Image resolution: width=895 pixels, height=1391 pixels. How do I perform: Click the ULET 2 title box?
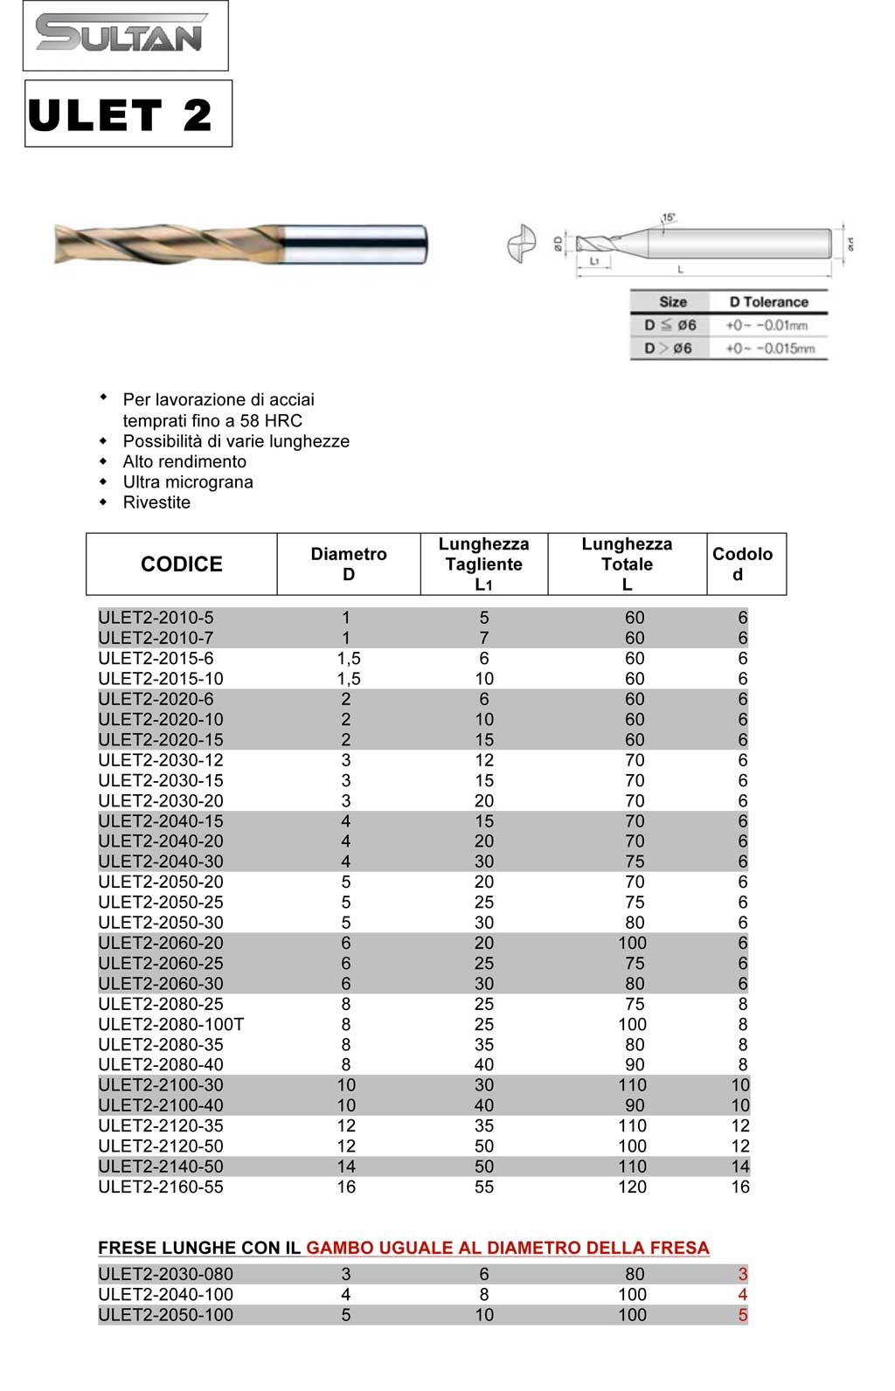coord(128,114)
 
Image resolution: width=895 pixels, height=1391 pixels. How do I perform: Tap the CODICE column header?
coord(182,564)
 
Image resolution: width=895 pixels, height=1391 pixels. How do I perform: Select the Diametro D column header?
coord(349,564)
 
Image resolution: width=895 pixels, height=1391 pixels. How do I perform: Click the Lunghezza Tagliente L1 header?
coord(483,564)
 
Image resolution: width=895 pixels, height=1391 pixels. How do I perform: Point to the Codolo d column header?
coord(742,564)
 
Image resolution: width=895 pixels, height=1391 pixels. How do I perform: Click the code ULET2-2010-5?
coord(156,618)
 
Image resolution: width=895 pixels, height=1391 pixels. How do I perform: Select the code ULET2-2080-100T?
coord(171,1024)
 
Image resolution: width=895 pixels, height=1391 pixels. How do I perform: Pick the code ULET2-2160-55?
coord(161,1187)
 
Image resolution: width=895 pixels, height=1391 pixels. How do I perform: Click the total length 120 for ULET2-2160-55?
coord(633,1187)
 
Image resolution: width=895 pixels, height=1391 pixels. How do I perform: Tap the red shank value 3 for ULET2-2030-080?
coord(743,1275)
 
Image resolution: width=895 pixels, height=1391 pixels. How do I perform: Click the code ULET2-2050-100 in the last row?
coord(165,1315)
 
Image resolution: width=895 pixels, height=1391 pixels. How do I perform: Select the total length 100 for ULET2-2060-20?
coord(633,943)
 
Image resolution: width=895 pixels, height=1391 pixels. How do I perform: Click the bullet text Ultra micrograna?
coord(188,482)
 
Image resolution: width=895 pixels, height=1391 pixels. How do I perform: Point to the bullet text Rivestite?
coord(156,502)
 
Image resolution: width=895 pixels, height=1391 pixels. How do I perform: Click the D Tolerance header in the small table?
coord(769,302)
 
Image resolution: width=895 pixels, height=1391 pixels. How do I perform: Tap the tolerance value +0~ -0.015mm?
coord(770,349)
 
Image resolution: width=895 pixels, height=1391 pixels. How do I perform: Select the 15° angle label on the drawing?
coord(669,218)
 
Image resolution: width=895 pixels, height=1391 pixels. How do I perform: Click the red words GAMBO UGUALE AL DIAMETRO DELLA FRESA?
coord(508,1248)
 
